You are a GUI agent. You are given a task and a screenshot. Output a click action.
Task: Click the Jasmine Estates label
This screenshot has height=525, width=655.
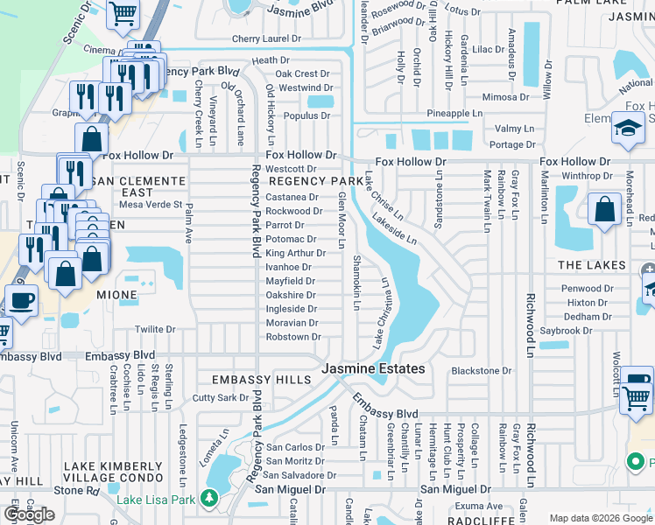(x=373, y=369)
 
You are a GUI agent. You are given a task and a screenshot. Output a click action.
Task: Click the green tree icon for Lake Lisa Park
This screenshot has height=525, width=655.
(x=208, y=499)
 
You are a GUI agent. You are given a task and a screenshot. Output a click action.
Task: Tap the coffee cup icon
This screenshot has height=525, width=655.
(x=23, y=299)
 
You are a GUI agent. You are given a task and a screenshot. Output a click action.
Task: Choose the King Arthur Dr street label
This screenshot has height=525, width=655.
(x=295, y=253)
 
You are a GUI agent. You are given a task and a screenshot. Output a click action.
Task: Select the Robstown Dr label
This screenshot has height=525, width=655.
(x=293, y=337)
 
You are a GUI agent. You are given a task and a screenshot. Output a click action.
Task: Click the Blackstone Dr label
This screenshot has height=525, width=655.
(x=482, y=371)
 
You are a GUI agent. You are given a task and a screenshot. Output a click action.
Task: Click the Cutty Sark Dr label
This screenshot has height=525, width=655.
(x=221, y=398)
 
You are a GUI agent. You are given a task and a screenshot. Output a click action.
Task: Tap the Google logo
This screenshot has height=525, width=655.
(x=29, y=514)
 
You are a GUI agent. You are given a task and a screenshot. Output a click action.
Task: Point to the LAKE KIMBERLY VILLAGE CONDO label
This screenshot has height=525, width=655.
(x=115, y=472)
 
